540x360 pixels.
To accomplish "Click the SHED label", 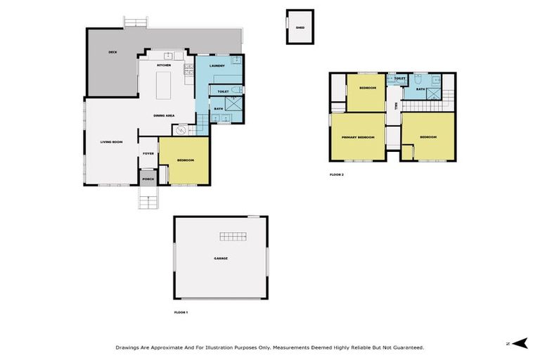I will click(300, 28).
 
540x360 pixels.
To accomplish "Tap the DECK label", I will click(112, 53).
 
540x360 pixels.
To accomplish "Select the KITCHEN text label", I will click(164, 65).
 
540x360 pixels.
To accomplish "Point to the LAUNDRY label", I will click(217, 65).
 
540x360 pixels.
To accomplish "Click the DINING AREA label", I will click(164, 115).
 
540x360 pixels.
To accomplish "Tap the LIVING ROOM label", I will click(112, 143).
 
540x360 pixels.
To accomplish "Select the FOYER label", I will click(148, 153).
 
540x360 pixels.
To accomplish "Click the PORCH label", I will click(148, 179).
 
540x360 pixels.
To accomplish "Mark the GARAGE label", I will click(221, 258).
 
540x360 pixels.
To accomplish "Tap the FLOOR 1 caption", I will click(181, 311).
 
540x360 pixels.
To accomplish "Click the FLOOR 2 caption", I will click(337, 174).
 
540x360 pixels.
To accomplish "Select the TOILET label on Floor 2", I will click(399, 79).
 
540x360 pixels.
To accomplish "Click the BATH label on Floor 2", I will click(420, 89).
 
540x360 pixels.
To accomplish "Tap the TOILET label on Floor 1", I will click(223, 91).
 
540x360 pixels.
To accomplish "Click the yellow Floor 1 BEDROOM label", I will click(185, 160).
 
